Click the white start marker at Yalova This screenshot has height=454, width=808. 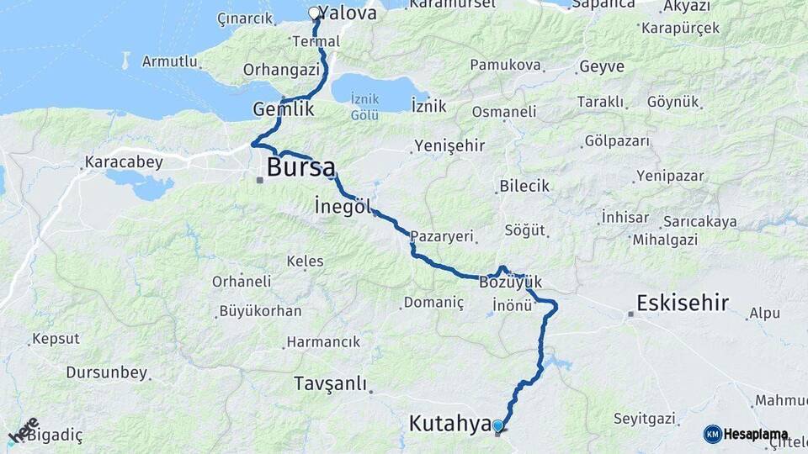(314, 13)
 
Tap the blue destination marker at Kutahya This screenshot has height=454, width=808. (497, 426)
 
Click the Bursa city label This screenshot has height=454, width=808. (300, 167)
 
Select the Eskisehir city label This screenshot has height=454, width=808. (683, 304)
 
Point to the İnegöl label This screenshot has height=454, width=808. (343, 206)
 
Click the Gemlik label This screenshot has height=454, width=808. (284, 109)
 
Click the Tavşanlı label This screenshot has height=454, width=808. (331, 384)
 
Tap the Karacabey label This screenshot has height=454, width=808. (124, 162)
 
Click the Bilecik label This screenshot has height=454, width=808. (524, 186)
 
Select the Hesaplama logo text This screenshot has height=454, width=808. (756, 435)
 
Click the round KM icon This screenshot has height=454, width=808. (712, 435)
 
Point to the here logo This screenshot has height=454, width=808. (24, 430)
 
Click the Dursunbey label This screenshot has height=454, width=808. (106, 372)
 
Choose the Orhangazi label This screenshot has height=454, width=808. (281, 70)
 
